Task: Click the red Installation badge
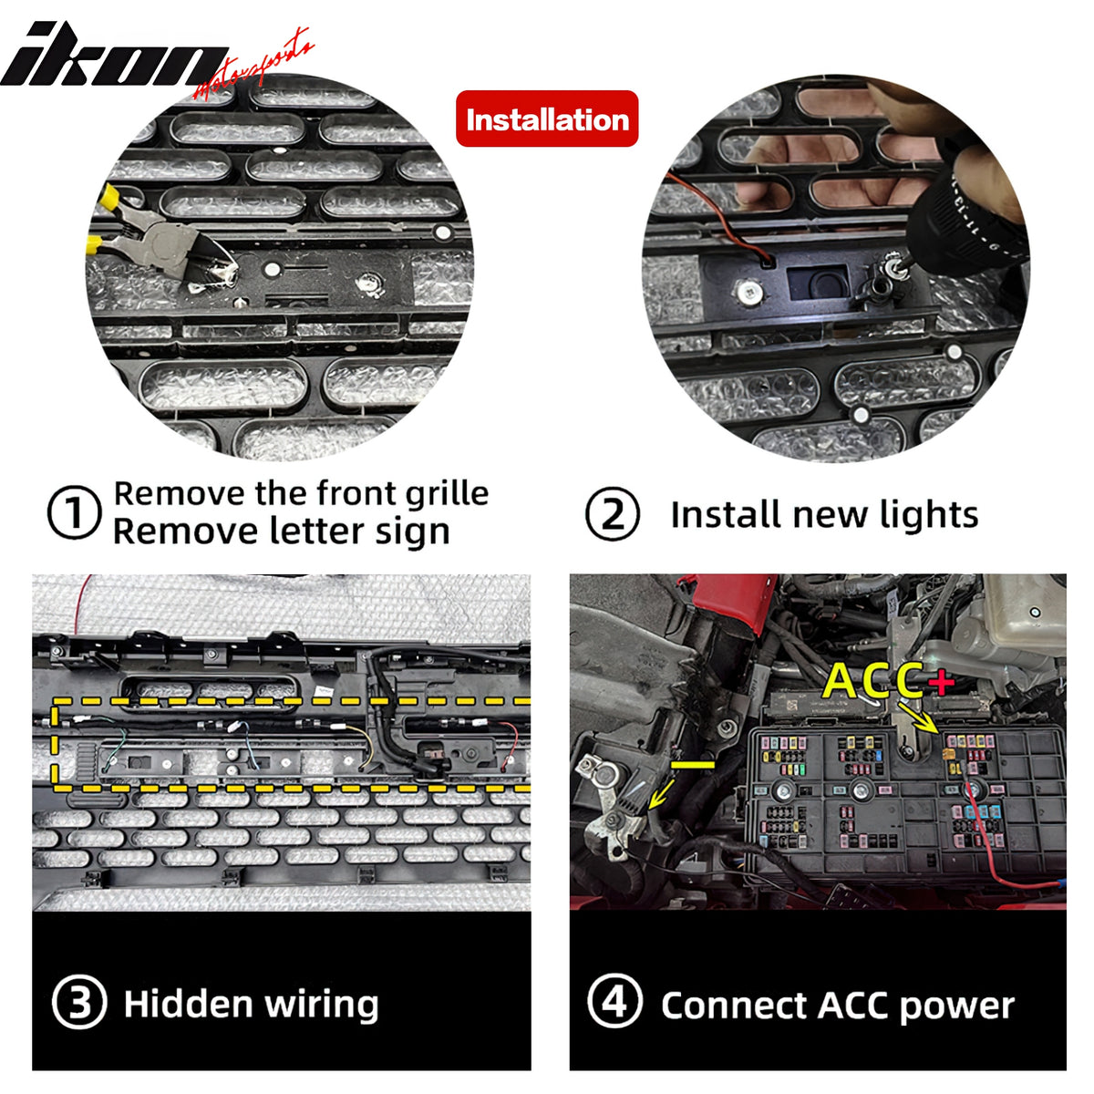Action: pos(547,119)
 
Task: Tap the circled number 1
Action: pos(73,513)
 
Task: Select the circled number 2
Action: pos(612,514)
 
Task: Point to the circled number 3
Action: pos(79,1003)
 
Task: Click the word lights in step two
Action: pos(929,515)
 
